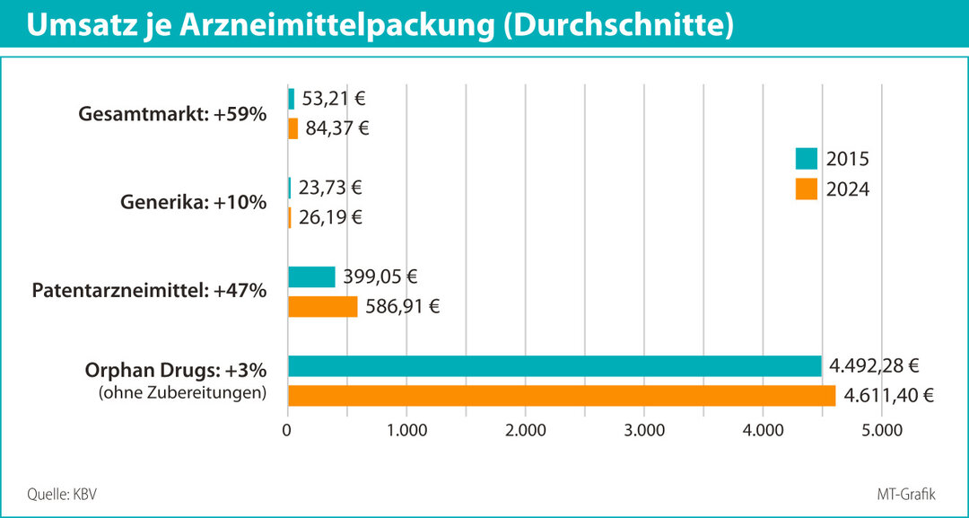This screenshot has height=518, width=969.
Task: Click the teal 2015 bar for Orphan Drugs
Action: tap(554, 366)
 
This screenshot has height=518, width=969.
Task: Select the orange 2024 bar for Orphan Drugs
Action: tap(561, 396)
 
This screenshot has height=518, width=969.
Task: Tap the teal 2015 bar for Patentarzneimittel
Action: tap(311, 277)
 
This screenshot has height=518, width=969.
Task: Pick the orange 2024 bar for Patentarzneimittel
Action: tap(322, 306)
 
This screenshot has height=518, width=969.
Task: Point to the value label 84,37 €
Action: tap(338, 128)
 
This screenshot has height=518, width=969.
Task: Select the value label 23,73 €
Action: tap(331, 188)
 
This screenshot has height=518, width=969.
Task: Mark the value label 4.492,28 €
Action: tap(875, 366)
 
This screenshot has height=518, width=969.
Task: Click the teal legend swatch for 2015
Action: tap(806, 159)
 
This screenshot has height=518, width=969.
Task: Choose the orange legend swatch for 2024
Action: tap(806, 189)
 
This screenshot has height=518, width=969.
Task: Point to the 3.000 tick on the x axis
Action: tap(644, 430)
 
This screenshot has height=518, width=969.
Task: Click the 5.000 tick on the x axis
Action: tap(881, 430)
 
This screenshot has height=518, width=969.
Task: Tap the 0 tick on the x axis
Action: tap(287, 430)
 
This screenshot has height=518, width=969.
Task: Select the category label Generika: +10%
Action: tap(193, 202)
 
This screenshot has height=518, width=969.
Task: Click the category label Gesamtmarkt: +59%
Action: tap(173, 114)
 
